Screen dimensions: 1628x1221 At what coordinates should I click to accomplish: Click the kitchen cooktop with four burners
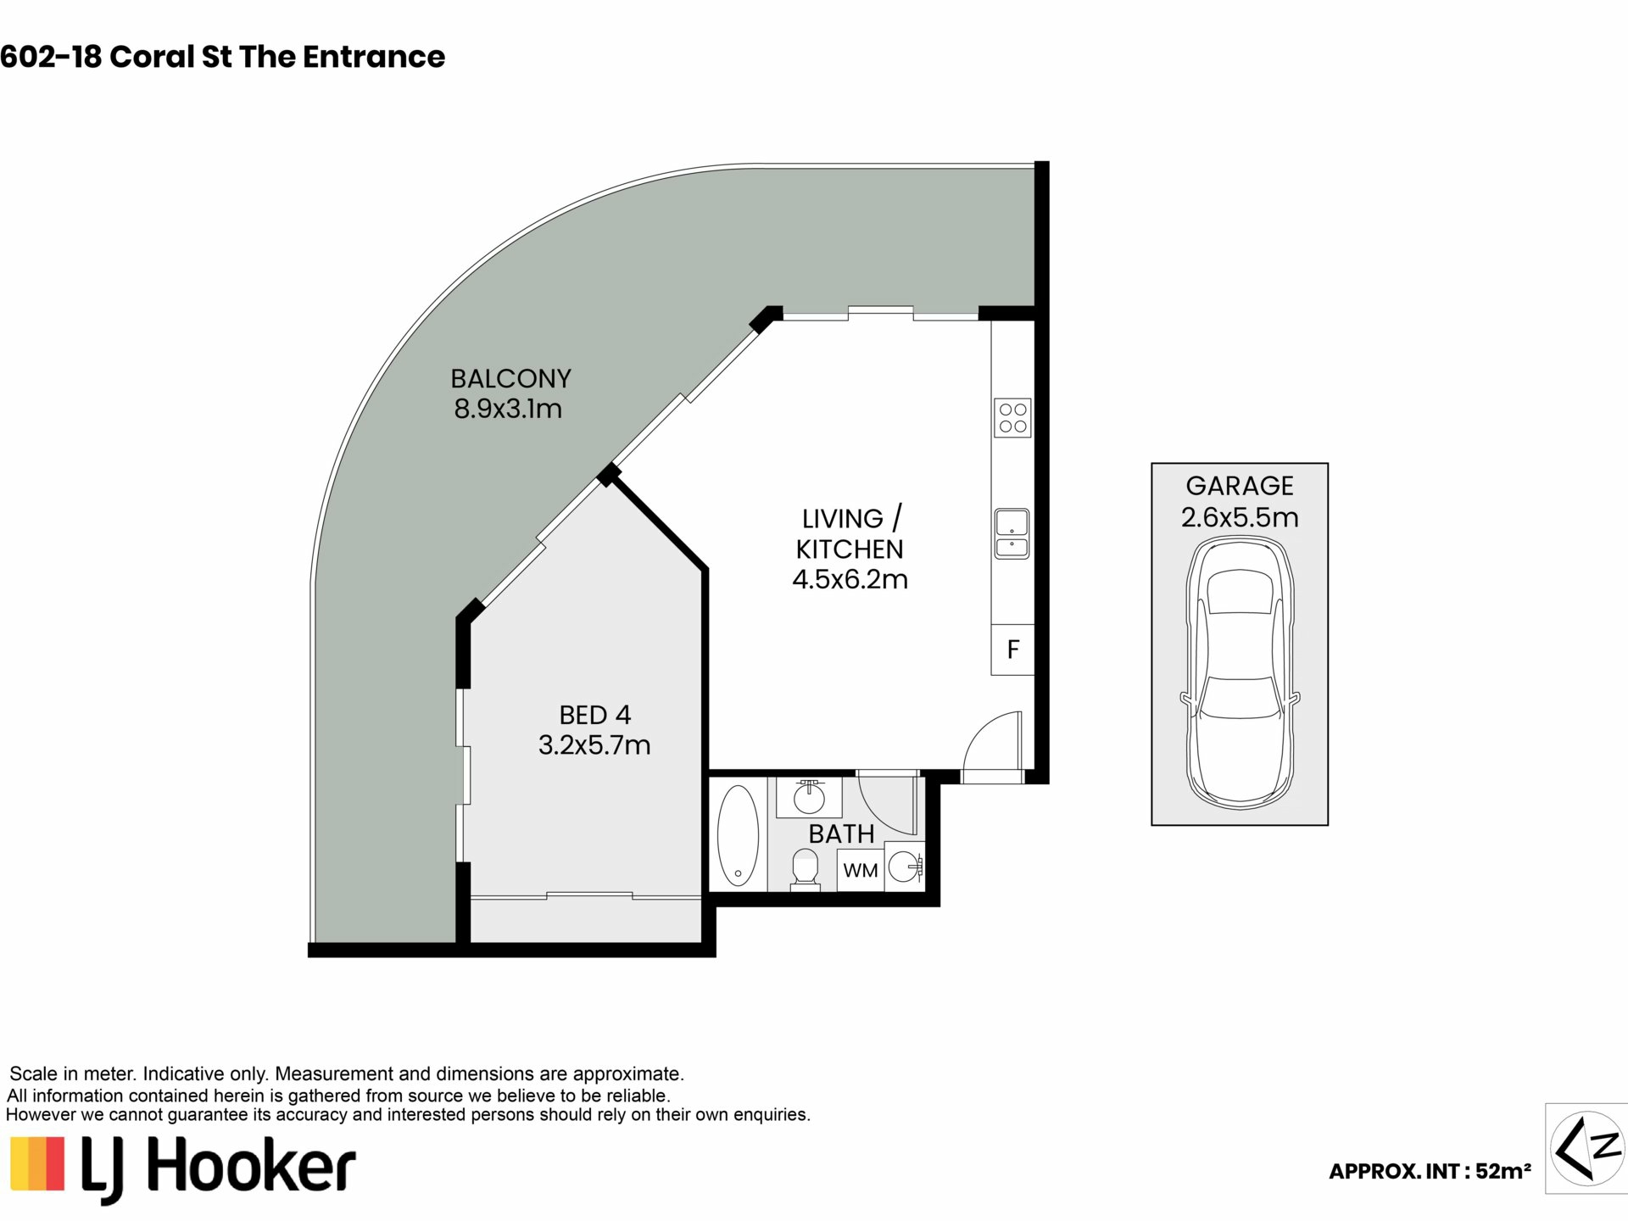1012,418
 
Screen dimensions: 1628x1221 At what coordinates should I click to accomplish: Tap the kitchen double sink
1012,533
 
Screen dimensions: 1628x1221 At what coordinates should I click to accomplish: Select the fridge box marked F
1012,650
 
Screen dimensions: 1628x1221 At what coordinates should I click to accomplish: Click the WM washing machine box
860,871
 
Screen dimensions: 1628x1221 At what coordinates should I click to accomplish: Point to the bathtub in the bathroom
738,836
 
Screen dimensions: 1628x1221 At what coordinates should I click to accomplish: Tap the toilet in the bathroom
805,871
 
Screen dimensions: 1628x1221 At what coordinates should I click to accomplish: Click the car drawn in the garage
1240,672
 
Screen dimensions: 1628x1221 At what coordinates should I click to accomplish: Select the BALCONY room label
510,378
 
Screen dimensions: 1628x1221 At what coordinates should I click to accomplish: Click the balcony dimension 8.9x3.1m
508,409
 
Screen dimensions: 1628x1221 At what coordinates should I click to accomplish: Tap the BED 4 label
595,715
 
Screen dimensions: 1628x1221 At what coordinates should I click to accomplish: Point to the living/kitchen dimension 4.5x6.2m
850,580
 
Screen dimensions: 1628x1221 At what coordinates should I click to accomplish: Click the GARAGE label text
1240,486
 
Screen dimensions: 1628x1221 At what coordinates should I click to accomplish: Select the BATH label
841,834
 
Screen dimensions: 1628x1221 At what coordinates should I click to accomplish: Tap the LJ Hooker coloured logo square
37,1163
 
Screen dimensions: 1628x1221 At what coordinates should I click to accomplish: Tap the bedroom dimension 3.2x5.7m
594,745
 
